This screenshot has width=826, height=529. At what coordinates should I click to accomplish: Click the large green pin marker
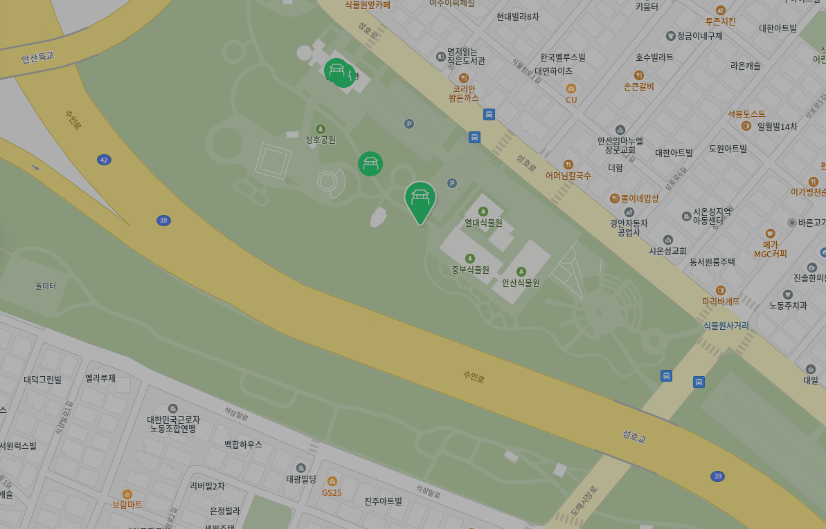click(420, 199)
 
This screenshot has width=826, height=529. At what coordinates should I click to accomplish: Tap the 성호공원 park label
click(321, 139)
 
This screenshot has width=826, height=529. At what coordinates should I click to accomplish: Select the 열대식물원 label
click(483, 223)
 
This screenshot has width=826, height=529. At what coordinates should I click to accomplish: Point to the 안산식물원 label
click(521, 282)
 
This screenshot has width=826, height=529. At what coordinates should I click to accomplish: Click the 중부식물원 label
click(470, 269)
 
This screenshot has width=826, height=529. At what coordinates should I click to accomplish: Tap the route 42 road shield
click(104, 160)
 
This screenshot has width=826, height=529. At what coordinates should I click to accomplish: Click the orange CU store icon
click(571, 89)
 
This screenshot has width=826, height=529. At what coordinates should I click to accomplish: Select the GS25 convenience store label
click(332, 492)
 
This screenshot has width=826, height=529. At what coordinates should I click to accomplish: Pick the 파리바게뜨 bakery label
click(721, 301)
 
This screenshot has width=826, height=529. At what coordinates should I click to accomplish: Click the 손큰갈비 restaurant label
click(638, 86)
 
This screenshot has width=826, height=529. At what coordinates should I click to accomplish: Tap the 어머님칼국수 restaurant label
click(568, 176)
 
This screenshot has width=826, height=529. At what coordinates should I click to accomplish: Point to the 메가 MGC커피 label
click(770, 249)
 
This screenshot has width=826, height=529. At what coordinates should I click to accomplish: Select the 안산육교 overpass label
click(37, 57)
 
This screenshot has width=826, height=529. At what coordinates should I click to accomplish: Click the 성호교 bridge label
click(634, 436)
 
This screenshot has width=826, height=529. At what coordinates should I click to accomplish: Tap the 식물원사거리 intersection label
click(726, 325)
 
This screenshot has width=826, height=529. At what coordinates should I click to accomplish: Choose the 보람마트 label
click(127, 504)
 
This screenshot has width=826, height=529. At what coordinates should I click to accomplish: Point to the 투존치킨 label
click(720, 21)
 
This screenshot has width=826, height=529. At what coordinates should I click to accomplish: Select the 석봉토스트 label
click(746, 113)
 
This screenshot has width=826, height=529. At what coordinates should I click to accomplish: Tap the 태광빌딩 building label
click(300, 479)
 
